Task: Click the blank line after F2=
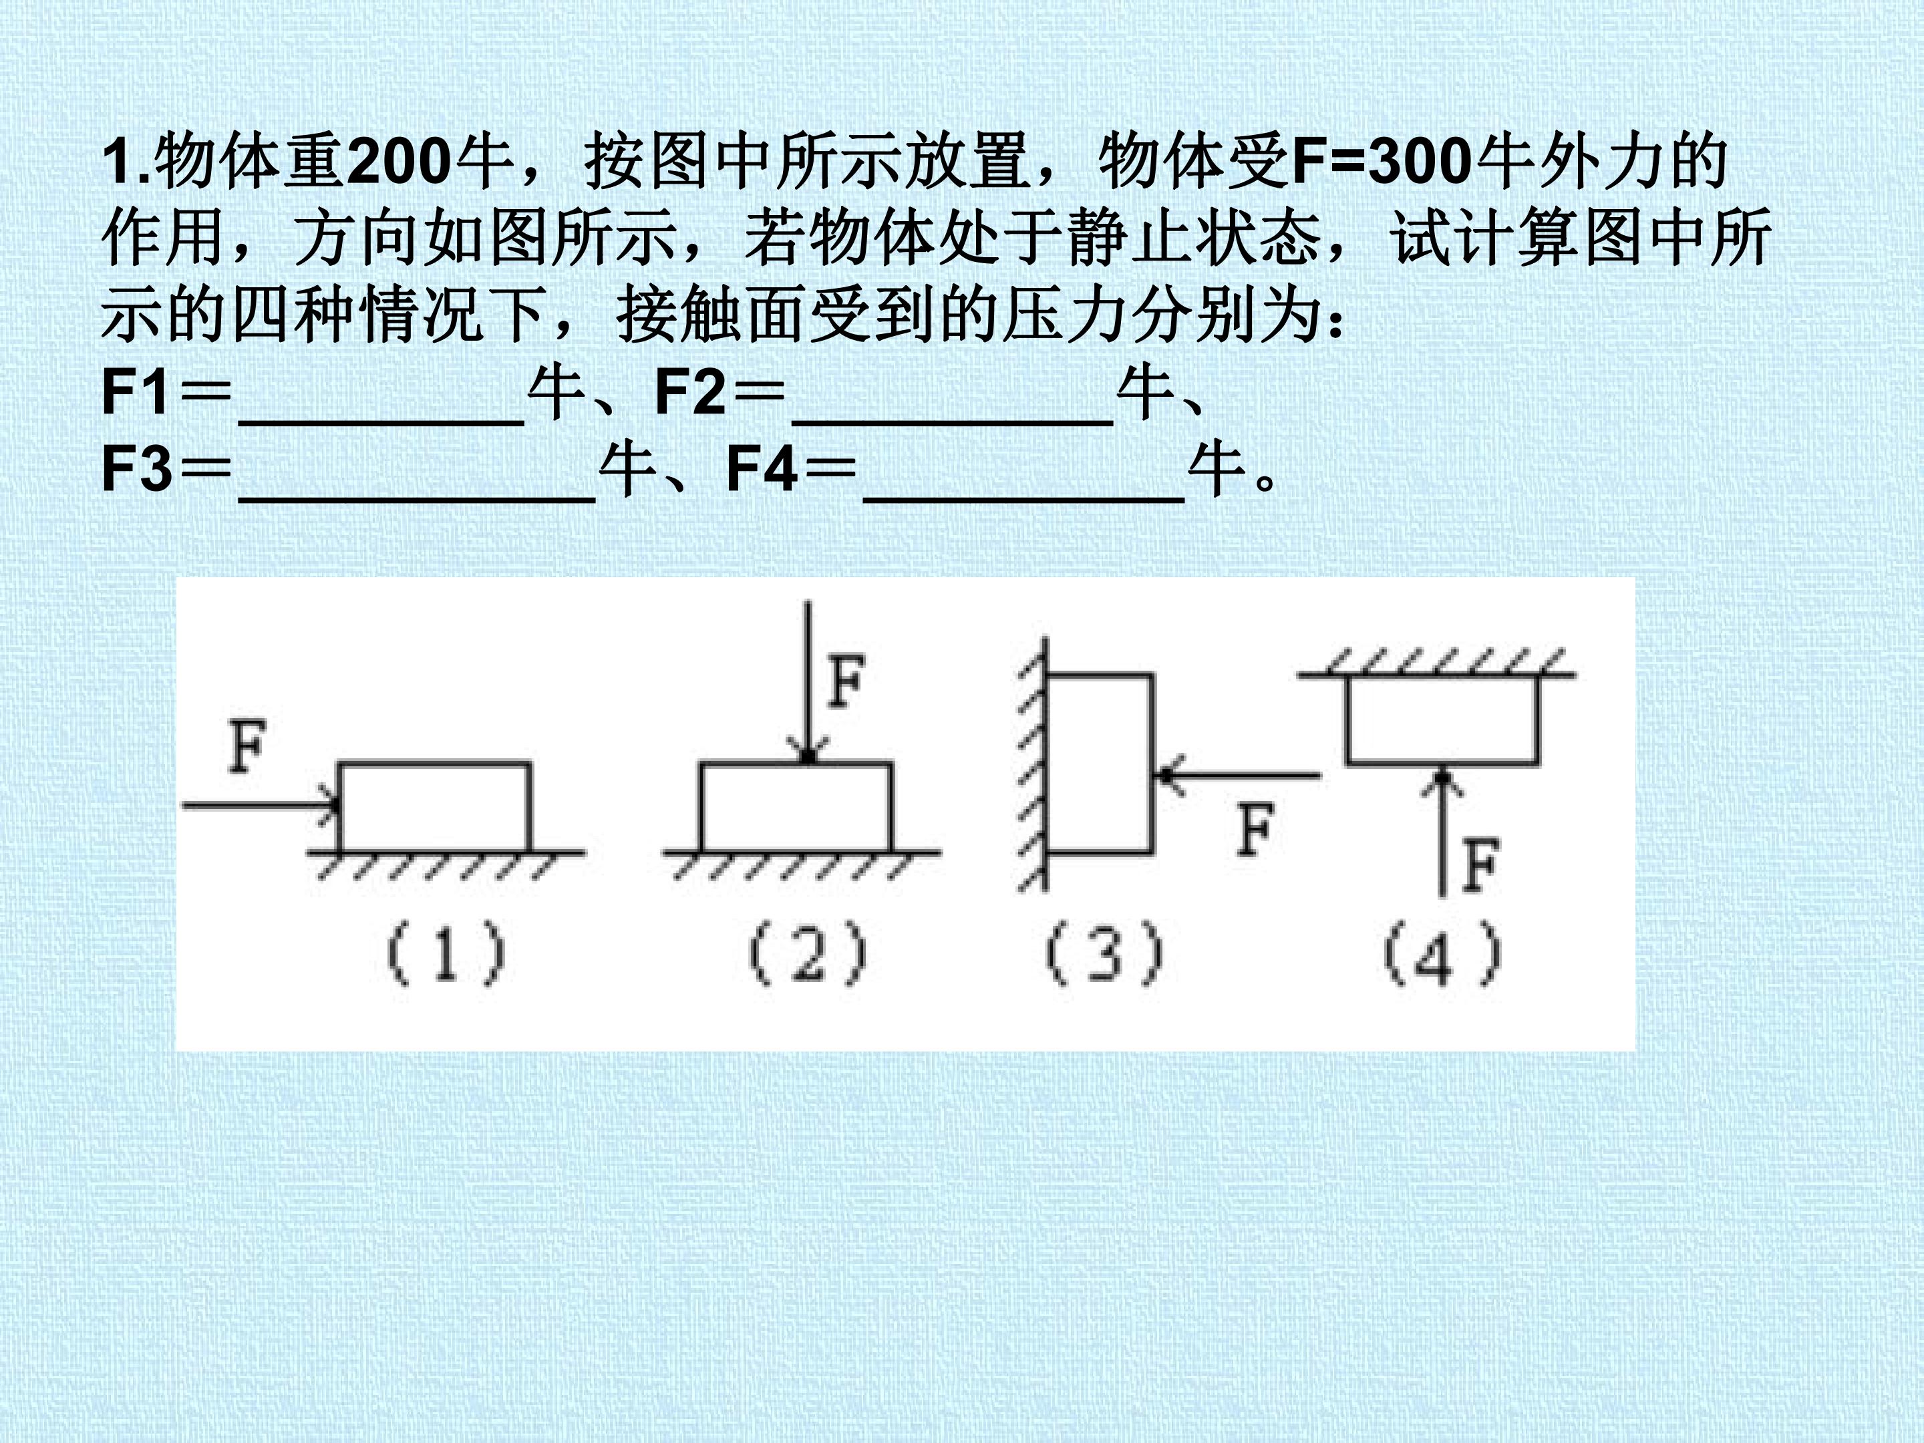click(x=953, y=421)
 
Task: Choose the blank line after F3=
click(x=418, y=498)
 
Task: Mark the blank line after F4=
click(x=1023, y=498)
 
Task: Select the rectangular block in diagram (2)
click(x=797, y=806)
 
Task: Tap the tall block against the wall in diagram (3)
click(x=1100, y=763)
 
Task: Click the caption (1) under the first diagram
click(x=446, y=953)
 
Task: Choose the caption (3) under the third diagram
click(x=1104, y=953)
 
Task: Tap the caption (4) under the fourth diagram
click(x=1442, y=953)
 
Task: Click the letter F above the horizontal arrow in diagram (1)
click(x=246, y=746)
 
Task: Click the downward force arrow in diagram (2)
click(x=809, y=681)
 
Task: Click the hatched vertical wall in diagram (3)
click(x=1033, y=766)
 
